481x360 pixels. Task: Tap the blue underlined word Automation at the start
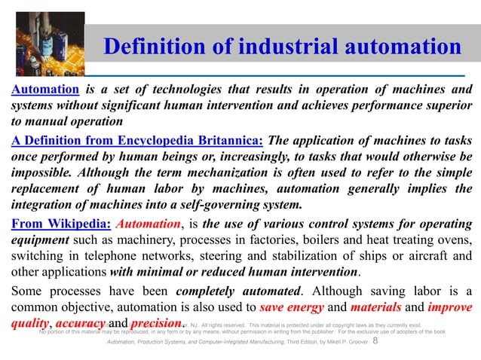[x=41, y=92]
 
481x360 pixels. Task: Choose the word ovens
[x=453, y=240]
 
